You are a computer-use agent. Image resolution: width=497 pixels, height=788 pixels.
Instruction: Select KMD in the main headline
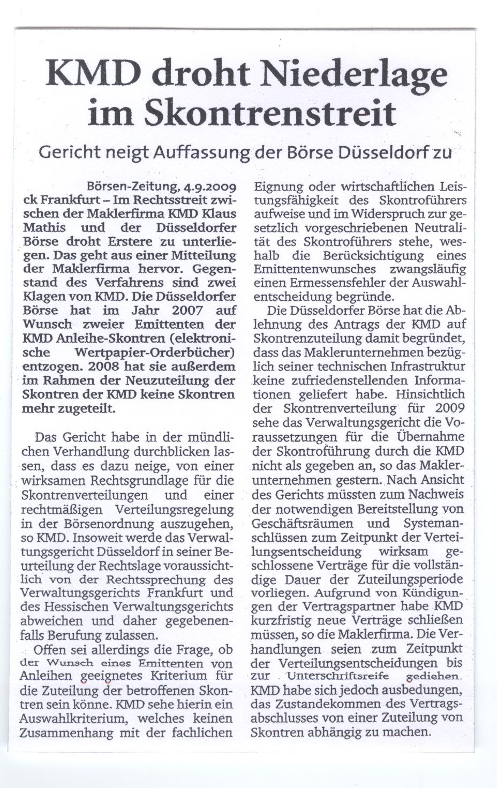[x=87, y=73]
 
